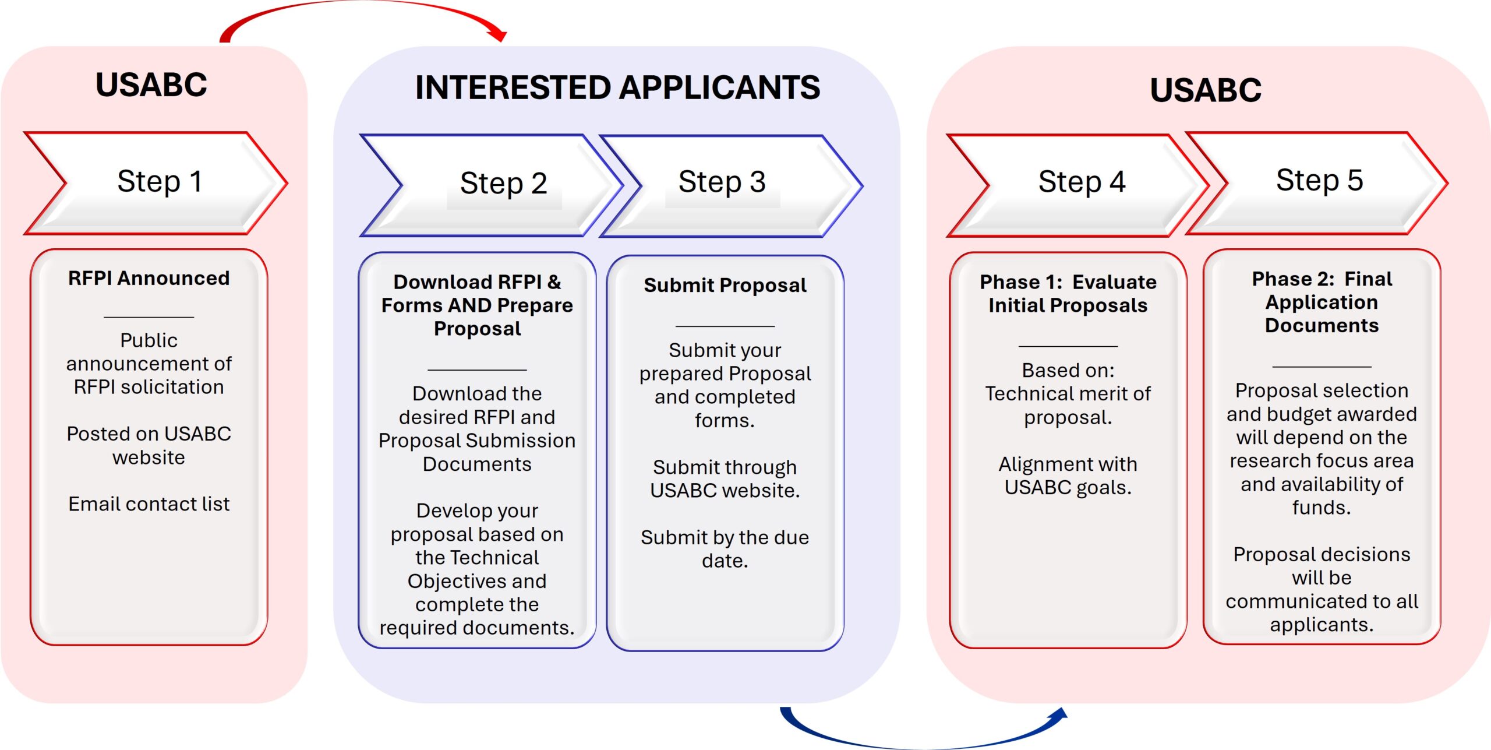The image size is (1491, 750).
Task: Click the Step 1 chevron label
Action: pyautogui.click(x=160, y=181)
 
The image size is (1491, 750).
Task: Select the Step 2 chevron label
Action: pyautogui.click(x=503, y=184)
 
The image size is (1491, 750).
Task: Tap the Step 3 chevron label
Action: pyautogui.click(x=722, y=182)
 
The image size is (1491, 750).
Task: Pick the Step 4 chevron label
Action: pyautogui.click(x=1082, y=182)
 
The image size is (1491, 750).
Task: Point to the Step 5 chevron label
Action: pyautogui.click(x=1319, y=181)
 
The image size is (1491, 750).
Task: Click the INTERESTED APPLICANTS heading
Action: pyautogui.click(x=617, y=88)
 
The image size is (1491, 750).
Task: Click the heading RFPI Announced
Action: pyautogui.click(x=149, y=278)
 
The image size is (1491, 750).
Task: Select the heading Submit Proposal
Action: pyautogui.click(x=725, y=285)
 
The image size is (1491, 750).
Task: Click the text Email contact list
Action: pyautogui.click(x=149, y=503)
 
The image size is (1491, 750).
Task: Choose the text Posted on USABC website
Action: pyautogui.click(x=149, y=445)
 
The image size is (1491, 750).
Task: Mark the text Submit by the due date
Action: pyautogui.click(x=725, y=549)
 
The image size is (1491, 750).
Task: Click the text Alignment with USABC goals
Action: pyautogui.click(x=1068, y=476)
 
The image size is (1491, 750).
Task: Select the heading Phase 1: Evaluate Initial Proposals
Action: pyautogui.click(x=1068, y=294)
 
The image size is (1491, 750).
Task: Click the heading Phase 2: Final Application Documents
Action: pyautogui.click(x=1322, y=302)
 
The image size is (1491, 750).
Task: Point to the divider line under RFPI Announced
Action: pyautogui.click(x=149, y=317)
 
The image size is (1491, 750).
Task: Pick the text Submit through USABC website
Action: pyautogui.click(x=725, y=478)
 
